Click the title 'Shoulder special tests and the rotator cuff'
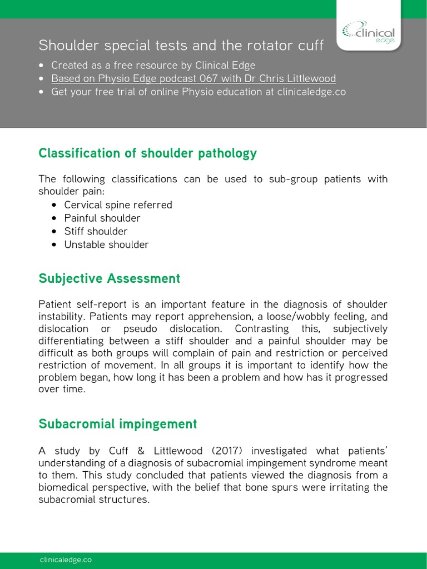coord(181,45)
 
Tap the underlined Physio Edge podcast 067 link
coord(193,78)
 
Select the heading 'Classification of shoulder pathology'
coord(147,153)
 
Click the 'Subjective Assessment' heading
coord(109,278)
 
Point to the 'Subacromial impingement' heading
coord(117,424)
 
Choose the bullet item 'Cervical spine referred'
coord(118,205)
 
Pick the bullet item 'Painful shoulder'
coord(102,218)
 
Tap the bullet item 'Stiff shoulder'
coord(96,231)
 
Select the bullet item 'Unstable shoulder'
coord(106,244)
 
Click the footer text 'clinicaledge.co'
coord(66,560)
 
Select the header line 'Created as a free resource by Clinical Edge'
coord(153,65)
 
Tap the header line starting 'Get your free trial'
coord(198,92)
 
